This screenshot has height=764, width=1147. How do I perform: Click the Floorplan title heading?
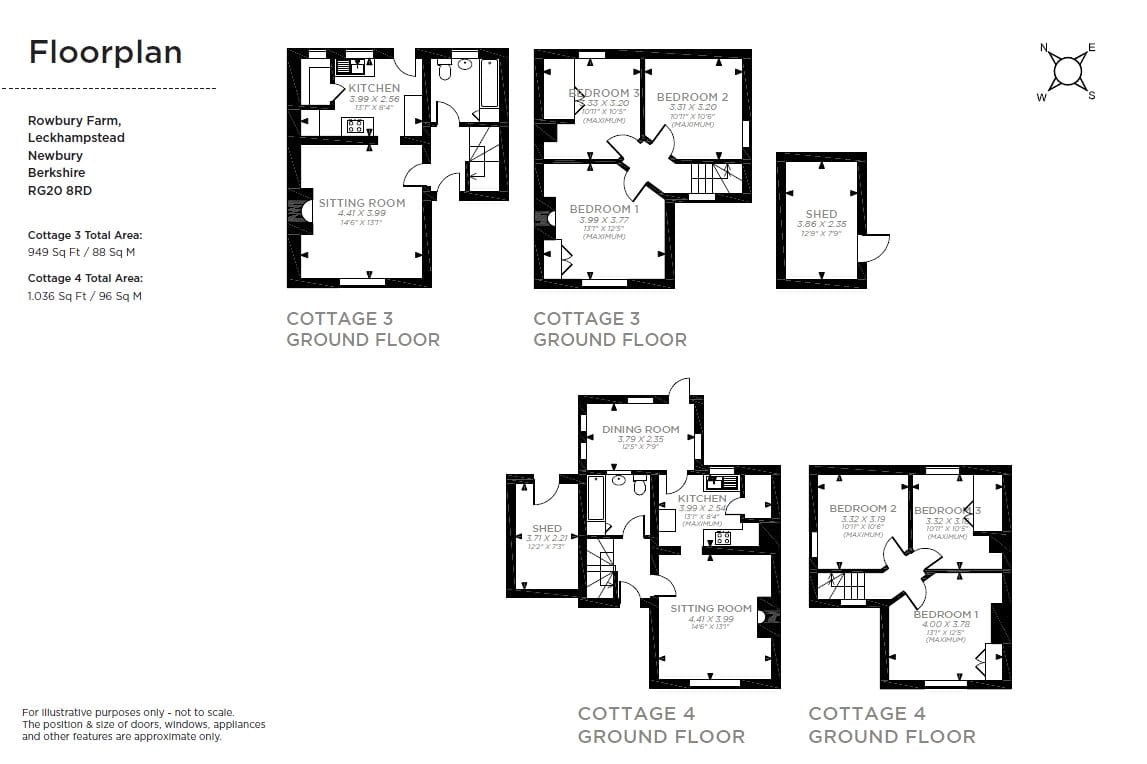pyautogui.click(x=105, y=52)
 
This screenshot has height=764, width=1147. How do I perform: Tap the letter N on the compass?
pyautogui.click(x=1044, y=48)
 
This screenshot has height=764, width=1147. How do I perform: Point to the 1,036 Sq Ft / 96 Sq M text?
pyautogui.click(x=84, y=296)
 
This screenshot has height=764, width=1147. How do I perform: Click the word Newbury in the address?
pyautogui.click(x=55, y=155)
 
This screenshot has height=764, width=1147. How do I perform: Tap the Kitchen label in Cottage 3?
pyautogui.click(x=373, y=88)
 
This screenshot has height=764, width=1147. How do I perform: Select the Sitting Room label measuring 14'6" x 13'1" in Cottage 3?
pyautogui.click(x=362, y=203)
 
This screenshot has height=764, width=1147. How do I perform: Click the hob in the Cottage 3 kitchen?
pyautogui.click(x=354, y=126)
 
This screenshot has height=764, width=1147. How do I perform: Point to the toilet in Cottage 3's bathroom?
pyautogui.click(x=444, y=70)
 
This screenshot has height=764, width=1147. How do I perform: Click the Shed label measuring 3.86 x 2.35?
pyautogui.click(x=821, y=214)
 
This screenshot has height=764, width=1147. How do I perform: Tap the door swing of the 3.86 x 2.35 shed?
pyautogui.click(x=873, y=248)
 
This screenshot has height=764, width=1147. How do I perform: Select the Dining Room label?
pyautogui.click(x=640, y=429)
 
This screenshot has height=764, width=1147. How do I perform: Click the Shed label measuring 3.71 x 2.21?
pyautogui.click(x=547, y=528)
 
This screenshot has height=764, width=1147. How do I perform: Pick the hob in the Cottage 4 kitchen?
pyautogui.click(x=722, y=537)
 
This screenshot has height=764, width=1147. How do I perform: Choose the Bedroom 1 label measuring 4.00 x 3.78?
pyautogui.click(x=945, y=614)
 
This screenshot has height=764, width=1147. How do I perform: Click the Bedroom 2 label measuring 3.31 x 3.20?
pyautogui.click(x=692, y=97)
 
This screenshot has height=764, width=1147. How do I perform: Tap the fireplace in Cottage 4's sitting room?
pyautogui.click(x=765, y=617)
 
